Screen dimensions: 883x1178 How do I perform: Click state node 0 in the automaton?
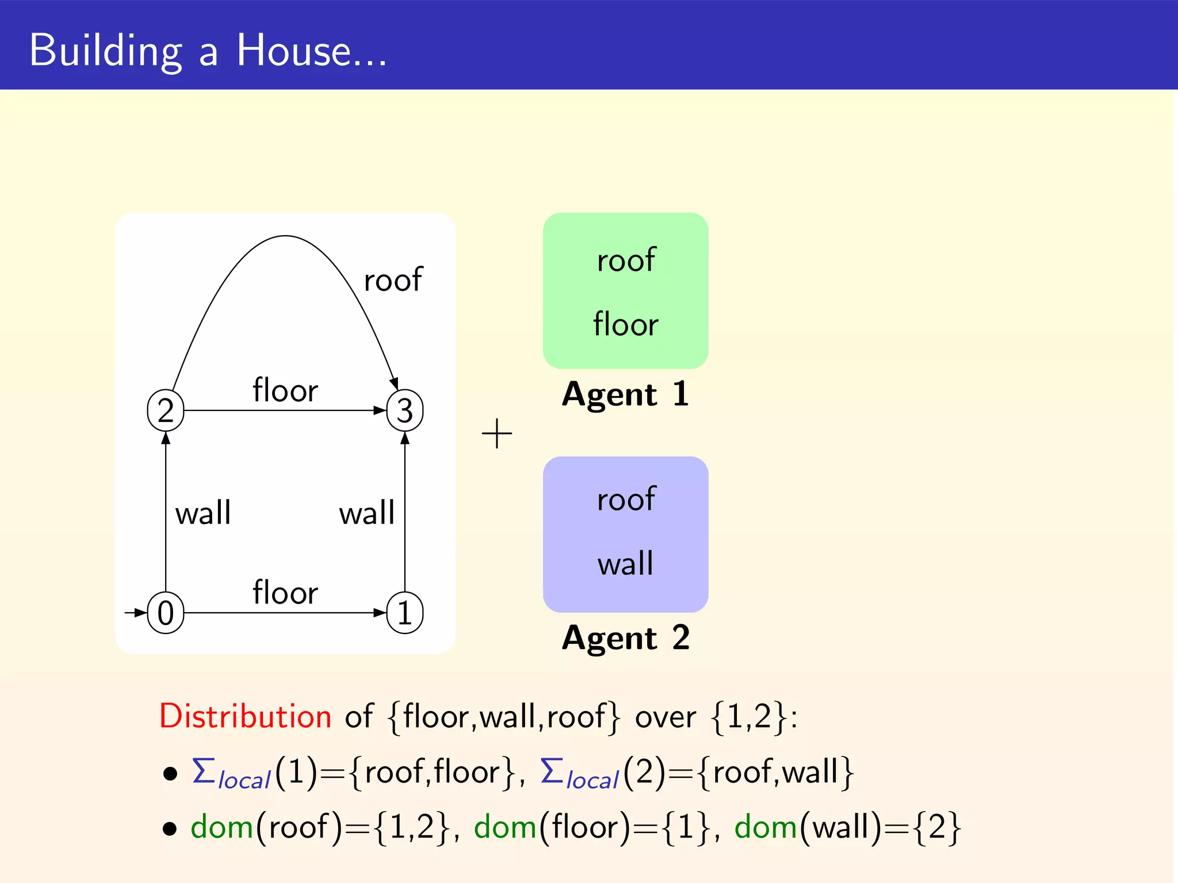click(166, 613)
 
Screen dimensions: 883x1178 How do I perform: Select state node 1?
click(405, 613)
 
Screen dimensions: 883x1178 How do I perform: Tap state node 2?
click(166, 410)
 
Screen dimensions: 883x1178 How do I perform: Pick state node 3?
click(405, 410)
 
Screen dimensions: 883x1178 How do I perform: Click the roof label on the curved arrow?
click(393, 280)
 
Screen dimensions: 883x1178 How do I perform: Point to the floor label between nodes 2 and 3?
click(285, 391)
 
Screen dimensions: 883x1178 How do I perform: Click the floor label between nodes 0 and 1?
click(285, 593)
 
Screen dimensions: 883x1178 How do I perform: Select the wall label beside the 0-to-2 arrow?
click(203, 513)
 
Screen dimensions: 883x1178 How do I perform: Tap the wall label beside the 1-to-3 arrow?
click(367, 513)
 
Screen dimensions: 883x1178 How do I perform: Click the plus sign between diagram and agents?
click(496, 433)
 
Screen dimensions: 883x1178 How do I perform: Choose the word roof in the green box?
click(626, 260)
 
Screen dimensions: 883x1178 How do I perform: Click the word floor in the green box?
click(626, 324)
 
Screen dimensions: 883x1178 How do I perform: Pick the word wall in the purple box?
click(626, 563)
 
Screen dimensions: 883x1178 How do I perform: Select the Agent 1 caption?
click(626, 394)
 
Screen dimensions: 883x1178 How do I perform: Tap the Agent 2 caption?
click(626, 638)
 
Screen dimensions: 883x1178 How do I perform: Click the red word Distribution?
click(246, 716)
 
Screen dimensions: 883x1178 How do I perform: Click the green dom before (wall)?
click(766, 828)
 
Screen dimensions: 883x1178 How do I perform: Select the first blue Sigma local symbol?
click(230, 774)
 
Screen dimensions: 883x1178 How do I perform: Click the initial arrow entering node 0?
click(135, 613)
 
